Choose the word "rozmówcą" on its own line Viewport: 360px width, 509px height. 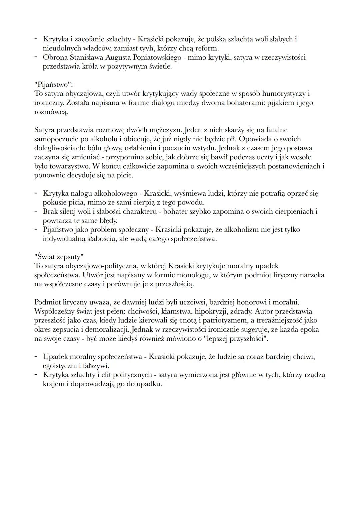[51, 112]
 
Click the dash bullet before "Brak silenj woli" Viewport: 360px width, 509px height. [36, 211]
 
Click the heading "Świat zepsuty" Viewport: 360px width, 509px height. [59, 257]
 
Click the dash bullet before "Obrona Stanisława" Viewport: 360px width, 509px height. [36, 57]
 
